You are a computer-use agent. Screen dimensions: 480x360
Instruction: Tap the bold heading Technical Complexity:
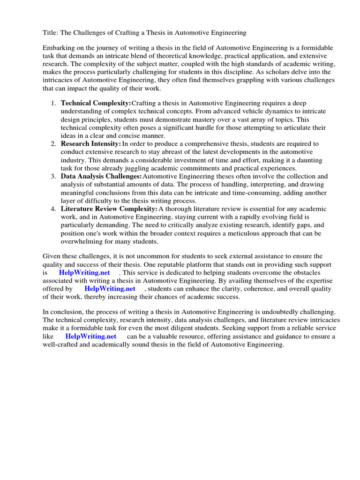click(96, 103)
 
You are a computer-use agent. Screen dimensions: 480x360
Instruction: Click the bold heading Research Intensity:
click(91, 143)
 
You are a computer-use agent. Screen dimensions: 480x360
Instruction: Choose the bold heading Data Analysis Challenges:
click(101, 176)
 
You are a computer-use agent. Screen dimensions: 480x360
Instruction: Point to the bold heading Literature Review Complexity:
click(109, 209)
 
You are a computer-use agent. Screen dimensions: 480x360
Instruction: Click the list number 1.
click(53, 103)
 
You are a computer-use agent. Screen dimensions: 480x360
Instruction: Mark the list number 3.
click(53, 176)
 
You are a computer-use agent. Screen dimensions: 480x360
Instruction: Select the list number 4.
click(53, 209)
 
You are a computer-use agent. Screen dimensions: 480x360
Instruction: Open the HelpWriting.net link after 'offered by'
click(110, 289)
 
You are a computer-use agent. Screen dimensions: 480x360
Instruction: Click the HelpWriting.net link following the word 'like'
click(91, 336)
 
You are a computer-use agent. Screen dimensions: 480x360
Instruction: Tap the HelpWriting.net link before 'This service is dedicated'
click(84, 272)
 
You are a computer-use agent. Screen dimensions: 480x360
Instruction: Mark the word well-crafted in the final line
click(62, 345)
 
